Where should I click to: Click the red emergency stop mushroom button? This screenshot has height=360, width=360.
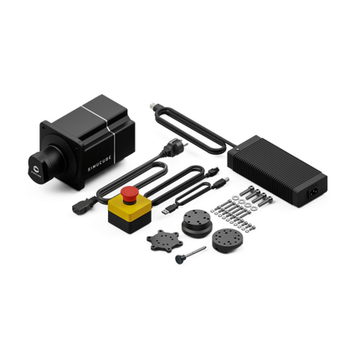click(x=130, y=193)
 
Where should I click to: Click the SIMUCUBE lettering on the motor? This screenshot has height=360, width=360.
click(x=100, y=164)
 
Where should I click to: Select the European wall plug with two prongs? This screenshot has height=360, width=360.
click(x=175, y=147)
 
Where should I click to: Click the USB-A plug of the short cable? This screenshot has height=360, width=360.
click(x=169, y=209)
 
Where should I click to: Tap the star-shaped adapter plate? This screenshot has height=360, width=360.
click(x=165, y=240)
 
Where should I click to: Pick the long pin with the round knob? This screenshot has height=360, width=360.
click(x=190, y=254)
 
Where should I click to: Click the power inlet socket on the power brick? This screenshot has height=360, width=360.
click(x=313, y=193)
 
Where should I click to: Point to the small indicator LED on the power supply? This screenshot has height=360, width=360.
click(x=238, y=149)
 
